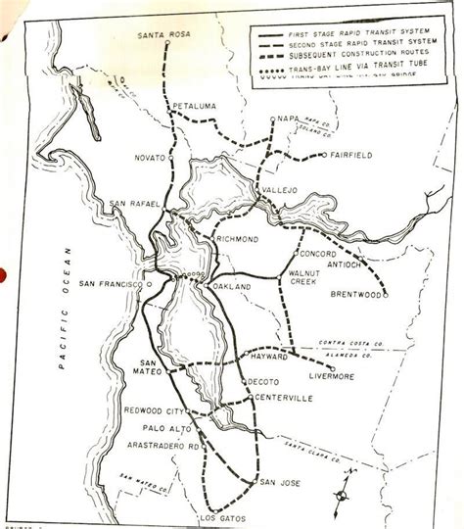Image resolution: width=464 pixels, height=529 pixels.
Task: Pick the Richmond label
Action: click(x=237, y=238)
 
